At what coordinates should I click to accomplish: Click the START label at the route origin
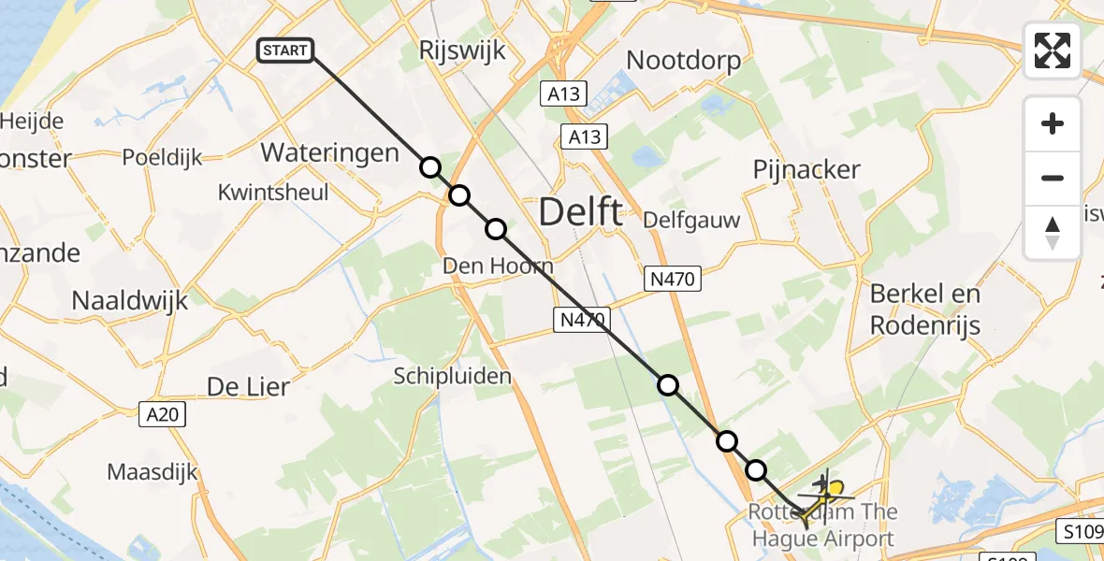(x=285, y=50)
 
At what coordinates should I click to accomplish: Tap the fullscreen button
(x=1053, y=50)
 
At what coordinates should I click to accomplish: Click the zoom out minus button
(x=1053, y=178)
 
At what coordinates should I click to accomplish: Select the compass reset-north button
(x=1053, y=232)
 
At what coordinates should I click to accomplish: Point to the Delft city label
(x=580, y=212)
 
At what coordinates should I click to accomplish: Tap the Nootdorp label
(x=683, y=61)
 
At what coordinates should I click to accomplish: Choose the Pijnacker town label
(x=806, y=169)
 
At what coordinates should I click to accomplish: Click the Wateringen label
(x=329, y=152)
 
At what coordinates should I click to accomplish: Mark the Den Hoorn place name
(x=498, y=266)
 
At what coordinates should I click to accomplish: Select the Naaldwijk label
(x=130, y=301)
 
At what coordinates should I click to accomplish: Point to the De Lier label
(x=247, y=385)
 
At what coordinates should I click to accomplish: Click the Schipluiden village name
(x=452, y=376)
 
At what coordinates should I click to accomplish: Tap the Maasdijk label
(x=153, y=471)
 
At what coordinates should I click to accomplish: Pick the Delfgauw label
(x=691, y=221)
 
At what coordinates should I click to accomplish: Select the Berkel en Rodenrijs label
(x=925, y=309)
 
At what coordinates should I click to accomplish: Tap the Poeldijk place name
(x=163, y=158)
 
